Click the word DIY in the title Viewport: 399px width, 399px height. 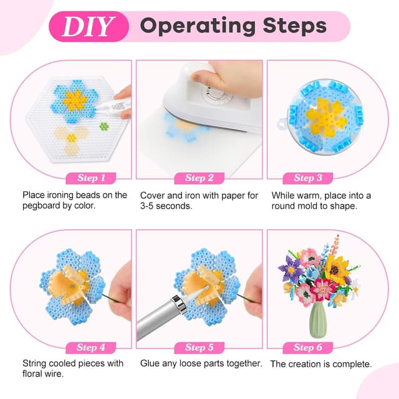pyautogui.click(x=89, y=26)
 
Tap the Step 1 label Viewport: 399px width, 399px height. pyautogui.click(x=91, y=178)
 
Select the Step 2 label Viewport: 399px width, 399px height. pyautogui.click(x=199, y=178)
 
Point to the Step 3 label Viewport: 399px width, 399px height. pyautogui.click(x=308, y=178)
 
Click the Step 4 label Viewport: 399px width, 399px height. pyautogui.click(x=91, y=348)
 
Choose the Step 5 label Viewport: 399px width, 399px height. pyautogui.click(x=199, y=348)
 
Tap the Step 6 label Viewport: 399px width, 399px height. pyautogui.click(x=308, y=348)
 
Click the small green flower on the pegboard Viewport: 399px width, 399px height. pyautogui.click(x=104, y=126)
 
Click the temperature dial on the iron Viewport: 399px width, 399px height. pyautogui.click(x=217, y=95)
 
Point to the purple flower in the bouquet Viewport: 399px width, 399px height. pyautogui.click(x=290, y=267)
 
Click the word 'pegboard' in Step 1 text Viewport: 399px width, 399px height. pyautogui.click(x=41, y=206)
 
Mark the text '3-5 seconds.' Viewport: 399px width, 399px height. pyautogui.click(x=166, y=206)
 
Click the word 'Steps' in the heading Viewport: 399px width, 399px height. pyautogui.click(x=295, y=26)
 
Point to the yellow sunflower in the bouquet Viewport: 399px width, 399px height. pyautogui.click(x=337, y=269)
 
